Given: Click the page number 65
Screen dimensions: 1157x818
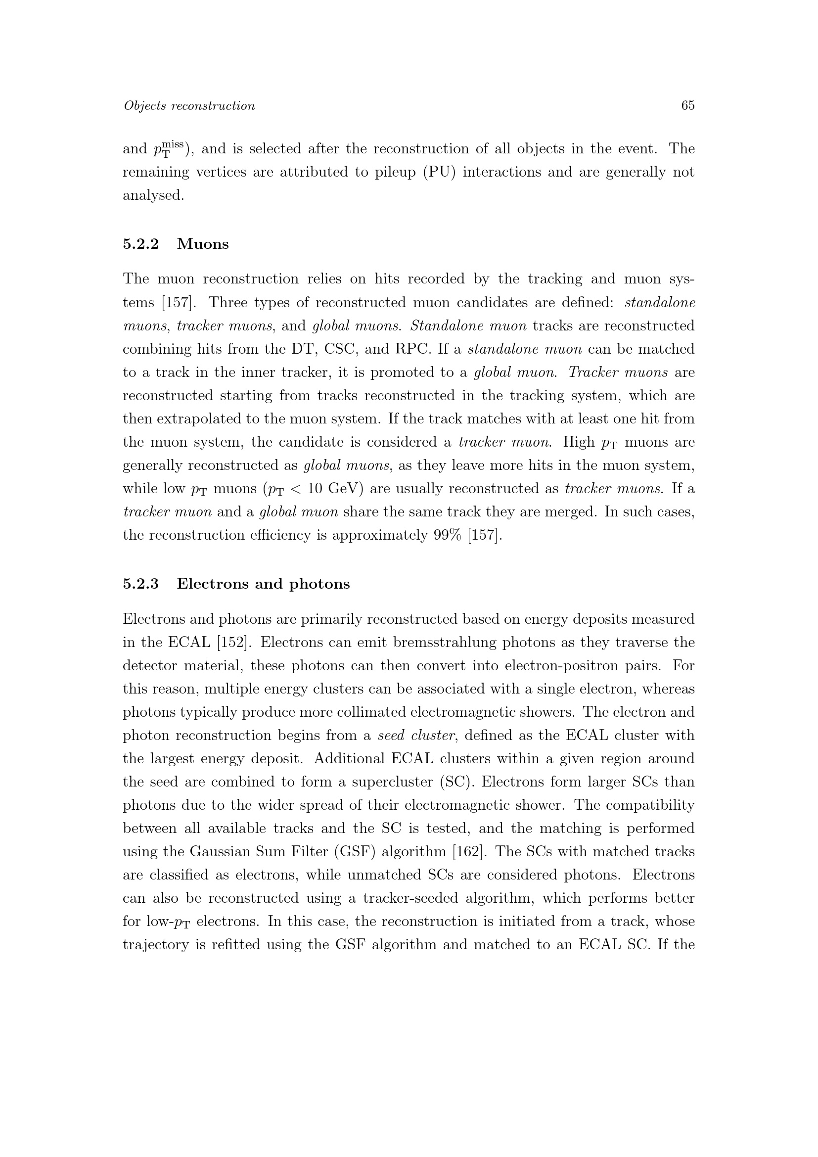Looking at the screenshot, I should click(687, 105).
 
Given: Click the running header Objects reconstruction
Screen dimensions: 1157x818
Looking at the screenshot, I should click(189, 106).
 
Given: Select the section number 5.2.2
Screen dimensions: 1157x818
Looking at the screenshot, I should click(140, 244).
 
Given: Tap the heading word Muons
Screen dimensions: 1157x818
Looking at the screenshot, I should click(202, 244).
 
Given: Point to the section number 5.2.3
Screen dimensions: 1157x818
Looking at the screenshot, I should click(140, 584).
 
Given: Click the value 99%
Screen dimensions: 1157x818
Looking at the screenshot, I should click(448, 535).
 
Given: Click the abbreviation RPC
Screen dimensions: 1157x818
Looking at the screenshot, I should click(412, 349).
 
